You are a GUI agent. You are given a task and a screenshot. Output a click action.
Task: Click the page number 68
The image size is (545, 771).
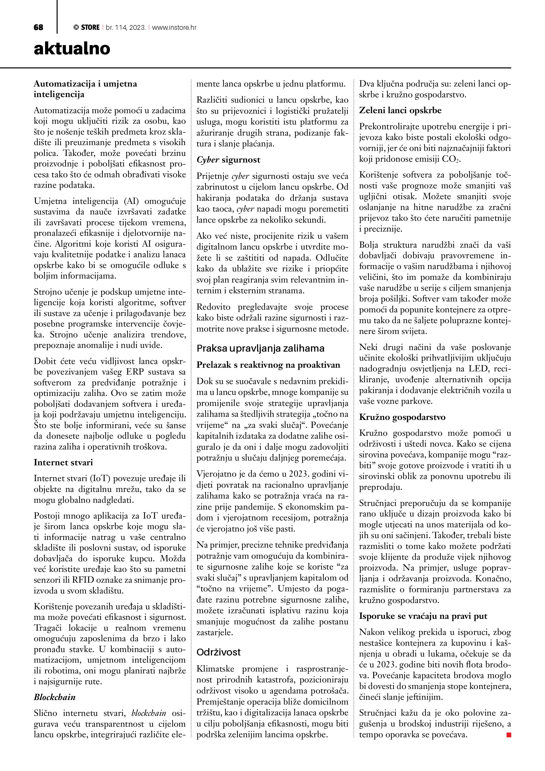[38, 27]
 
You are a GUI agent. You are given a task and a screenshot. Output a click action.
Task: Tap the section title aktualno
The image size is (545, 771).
[72, 49]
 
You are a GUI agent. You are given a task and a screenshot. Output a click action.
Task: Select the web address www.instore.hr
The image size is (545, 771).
[174, 27]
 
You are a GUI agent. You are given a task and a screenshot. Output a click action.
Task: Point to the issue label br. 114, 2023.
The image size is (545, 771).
[126, 27]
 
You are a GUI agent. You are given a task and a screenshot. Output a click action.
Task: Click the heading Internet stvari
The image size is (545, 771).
[63, 463]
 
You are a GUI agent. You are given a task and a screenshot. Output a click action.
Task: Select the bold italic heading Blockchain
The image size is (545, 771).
[55, 697]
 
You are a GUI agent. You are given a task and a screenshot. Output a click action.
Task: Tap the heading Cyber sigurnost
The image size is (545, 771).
[228, 160]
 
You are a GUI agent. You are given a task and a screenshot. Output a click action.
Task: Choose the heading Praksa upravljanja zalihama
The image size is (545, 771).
[261, 348]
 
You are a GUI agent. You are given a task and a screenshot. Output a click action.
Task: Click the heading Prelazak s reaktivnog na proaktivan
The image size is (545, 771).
[268, 365]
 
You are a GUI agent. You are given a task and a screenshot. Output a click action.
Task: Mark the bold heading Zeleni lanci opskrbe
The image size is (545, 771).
[400, 111]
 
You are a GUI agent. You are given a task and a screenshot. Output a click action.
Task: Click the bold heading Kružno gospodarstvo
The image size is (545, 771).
[402, 417]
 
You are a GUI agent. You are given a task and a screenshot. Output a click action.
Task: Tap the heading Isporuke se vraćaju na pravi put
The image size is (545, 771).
[423, 616]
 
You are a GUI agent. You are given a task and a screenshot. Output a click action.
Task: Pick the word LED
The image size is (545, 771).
[478, 369]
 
